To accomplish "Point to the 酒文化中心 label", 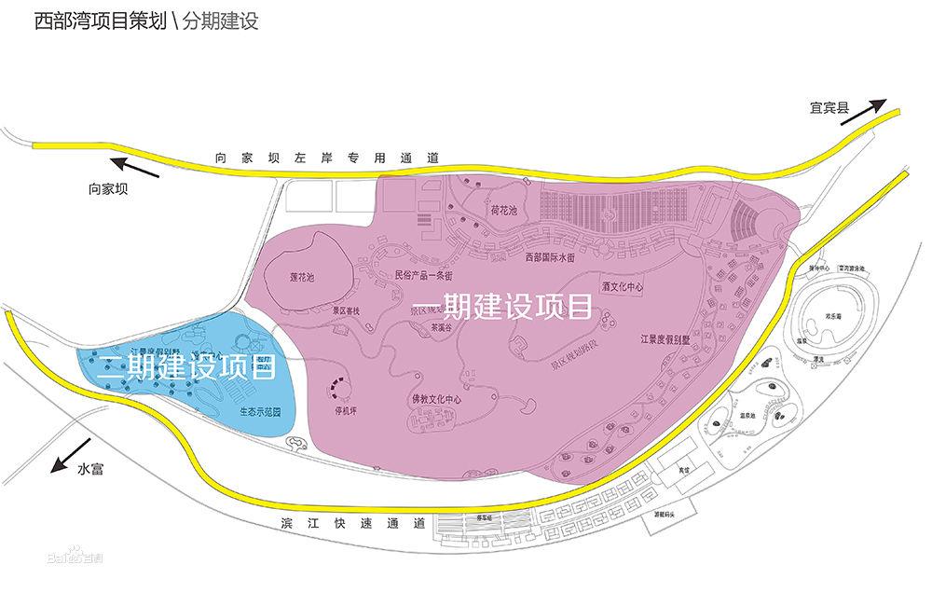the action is (624, 289).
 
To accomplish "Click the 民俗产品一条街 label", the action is (423, 275).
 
